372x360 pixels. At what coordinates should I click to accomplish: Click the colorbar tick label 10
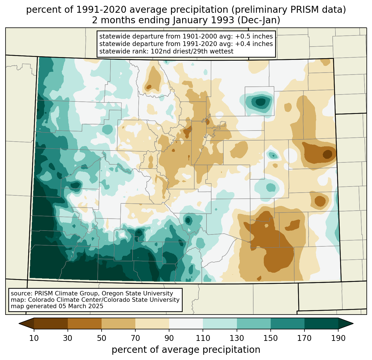pos(34,338)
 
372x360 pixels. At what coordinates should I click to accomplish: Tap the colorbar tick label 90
pos(169,338)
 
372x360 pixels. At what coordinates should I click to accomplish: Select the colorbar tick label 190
pos(338,338)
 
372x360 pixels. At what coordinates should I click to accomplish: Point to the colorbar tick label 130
pos(237,338)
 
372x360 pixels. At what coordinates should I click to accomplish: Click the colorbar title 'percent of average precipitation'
pos(186,350)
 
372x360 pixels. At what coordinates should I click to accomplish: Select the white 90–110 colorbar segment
pos(186,323)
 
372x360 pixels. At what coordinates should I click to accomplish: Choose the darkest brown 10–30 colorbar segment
pos(51,323)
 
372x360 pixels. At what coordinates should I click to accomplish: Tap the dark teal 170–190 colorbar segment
pos(321,323)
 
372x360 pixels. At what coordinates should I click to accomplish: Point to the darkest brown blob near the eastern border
pos(328,154)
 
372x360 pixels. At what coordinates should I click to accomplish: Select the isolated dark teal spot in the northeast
pos(260,102)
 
